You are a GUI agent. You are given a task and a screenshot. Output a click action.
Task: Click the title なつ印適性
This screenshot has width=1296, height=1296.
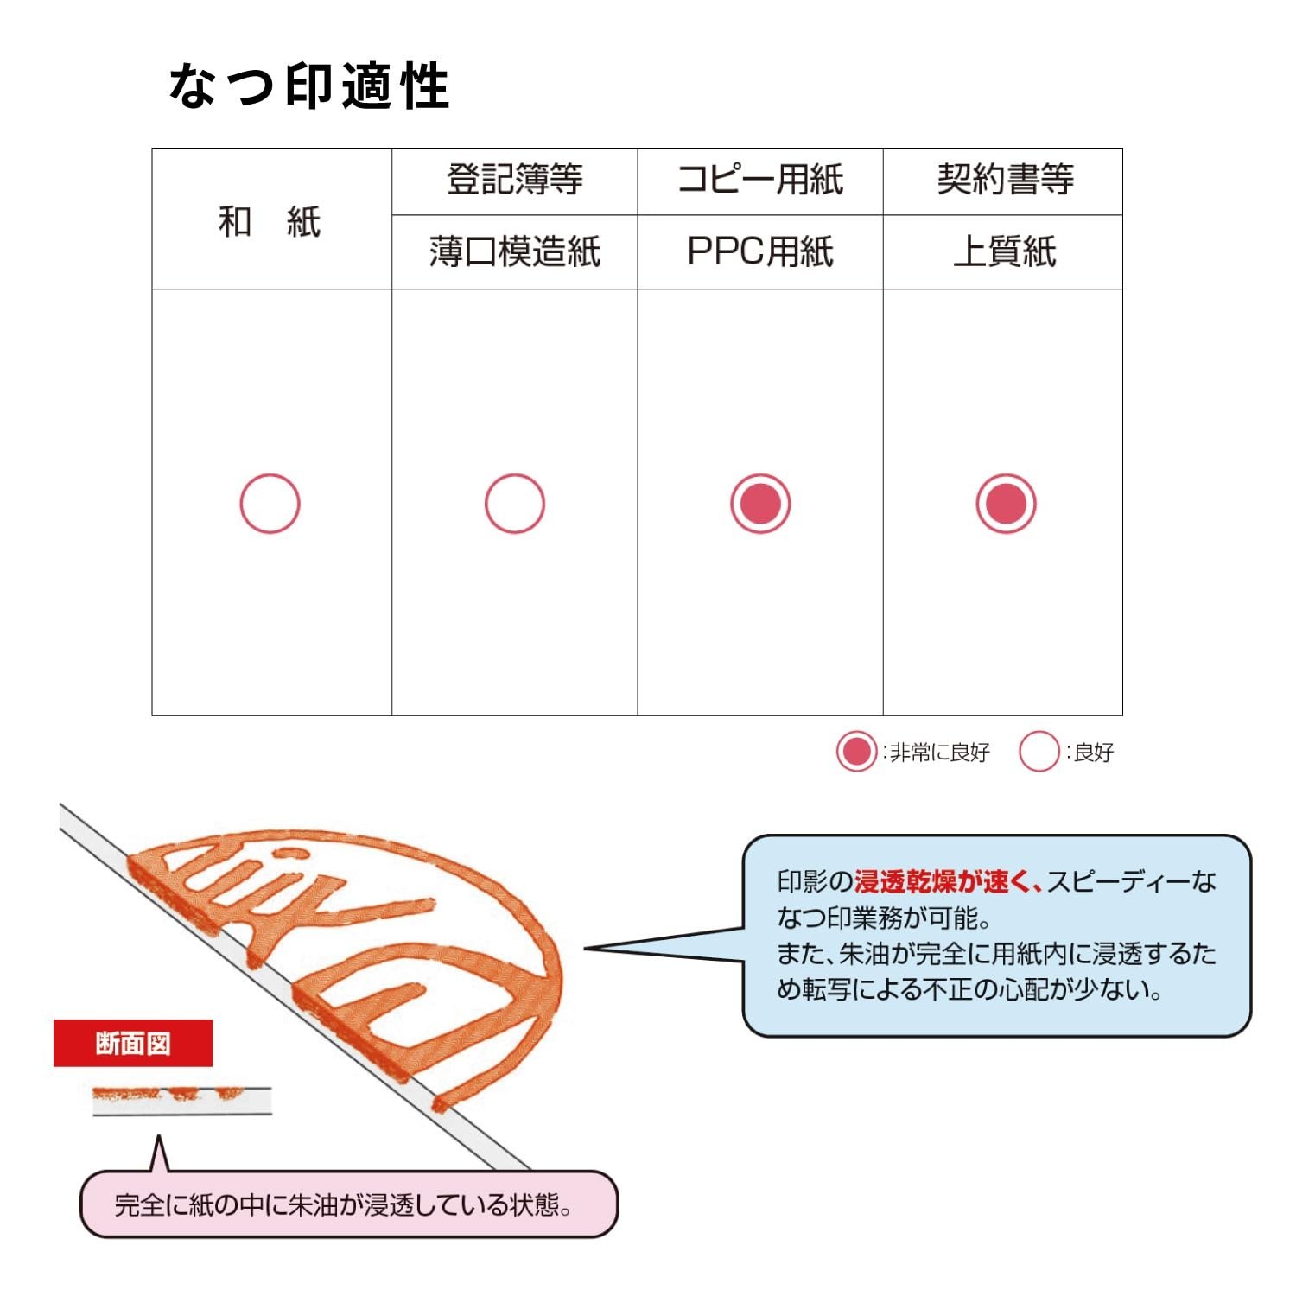tap(308, 86)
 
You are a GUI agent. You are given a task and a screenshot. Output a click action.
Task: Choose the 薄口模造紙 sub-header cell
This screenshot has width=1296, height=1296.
tap(515, 251)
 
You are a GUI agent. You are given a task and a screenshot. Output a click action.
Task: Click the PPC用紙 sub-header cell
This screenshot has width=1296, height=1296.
tap(760, 251)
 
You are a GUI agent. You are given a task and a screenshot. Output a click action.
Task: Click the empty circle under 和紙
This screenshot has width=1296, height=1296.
tap(270, 474)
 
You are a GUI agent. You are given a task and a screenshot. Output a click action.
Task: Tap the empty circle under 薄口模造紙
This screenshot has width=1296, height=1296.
tap(515, 474)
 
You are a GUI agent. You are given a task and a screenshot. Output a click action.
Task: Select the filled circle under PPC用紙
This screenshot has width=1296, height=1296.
tap(760, 504)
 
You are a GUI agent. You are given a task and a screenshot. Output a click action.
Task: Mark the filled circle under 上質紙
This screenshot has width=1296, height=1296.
tap(1006, 504)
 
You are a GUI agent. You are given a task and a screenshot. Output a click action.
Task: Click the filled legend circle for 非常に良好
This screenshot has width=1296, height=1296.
tap(857, 752)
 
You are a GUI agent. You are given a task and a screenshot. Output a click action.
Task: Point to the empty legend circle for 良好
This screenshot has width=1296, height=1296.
tap(1039, 733)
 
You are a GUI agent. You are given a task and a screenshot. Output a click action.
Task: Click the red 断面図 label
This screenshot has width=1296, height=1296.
tap(133, 1043)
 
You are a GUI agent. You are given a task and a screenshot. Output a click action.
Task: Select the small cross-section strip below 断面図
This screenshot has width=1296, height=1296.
tap(182, 1100)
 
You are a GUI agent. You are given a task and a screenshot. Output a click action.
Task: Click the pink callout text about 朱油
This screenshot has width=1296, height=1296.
tap(344, 1204)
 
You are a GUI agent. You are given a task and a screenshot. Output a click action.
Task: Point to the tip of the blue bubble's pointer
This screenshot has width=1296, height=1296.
tap(586, 949)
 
